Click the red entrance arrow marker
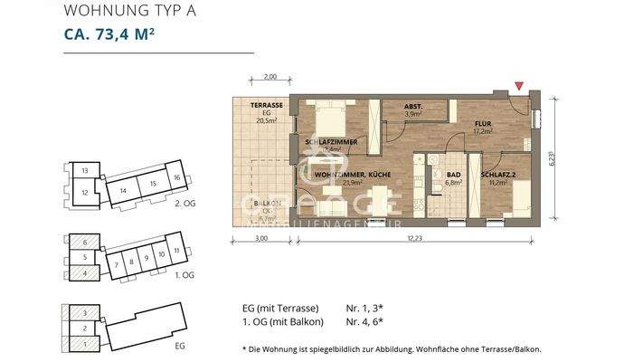[517, 86]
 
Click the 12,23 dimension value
[413, 239]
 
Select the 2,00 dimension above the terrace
[269, 78]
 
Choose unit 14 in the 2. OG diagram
[121, 191]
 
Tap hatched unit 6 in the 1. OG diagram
[84, 243]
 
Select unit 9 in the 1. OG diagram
[146, 258]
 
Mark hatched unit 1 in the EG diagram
[84, 343]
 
